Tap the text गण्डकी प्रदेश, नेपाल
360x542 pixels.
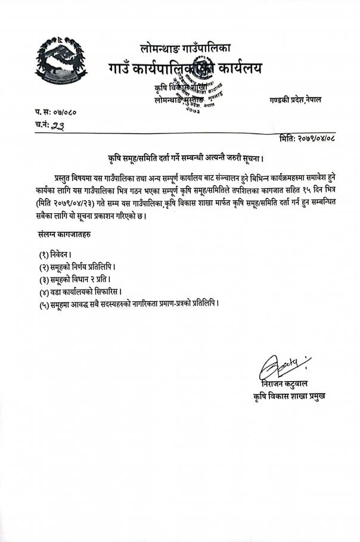click(294, 99)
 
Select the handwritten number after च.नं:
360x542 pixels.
click(61, 125)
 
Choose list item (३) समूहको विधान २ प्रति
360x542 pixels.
click(75, 279)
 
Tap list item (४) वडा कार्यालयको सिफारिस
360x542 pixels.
click(80, 291)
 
